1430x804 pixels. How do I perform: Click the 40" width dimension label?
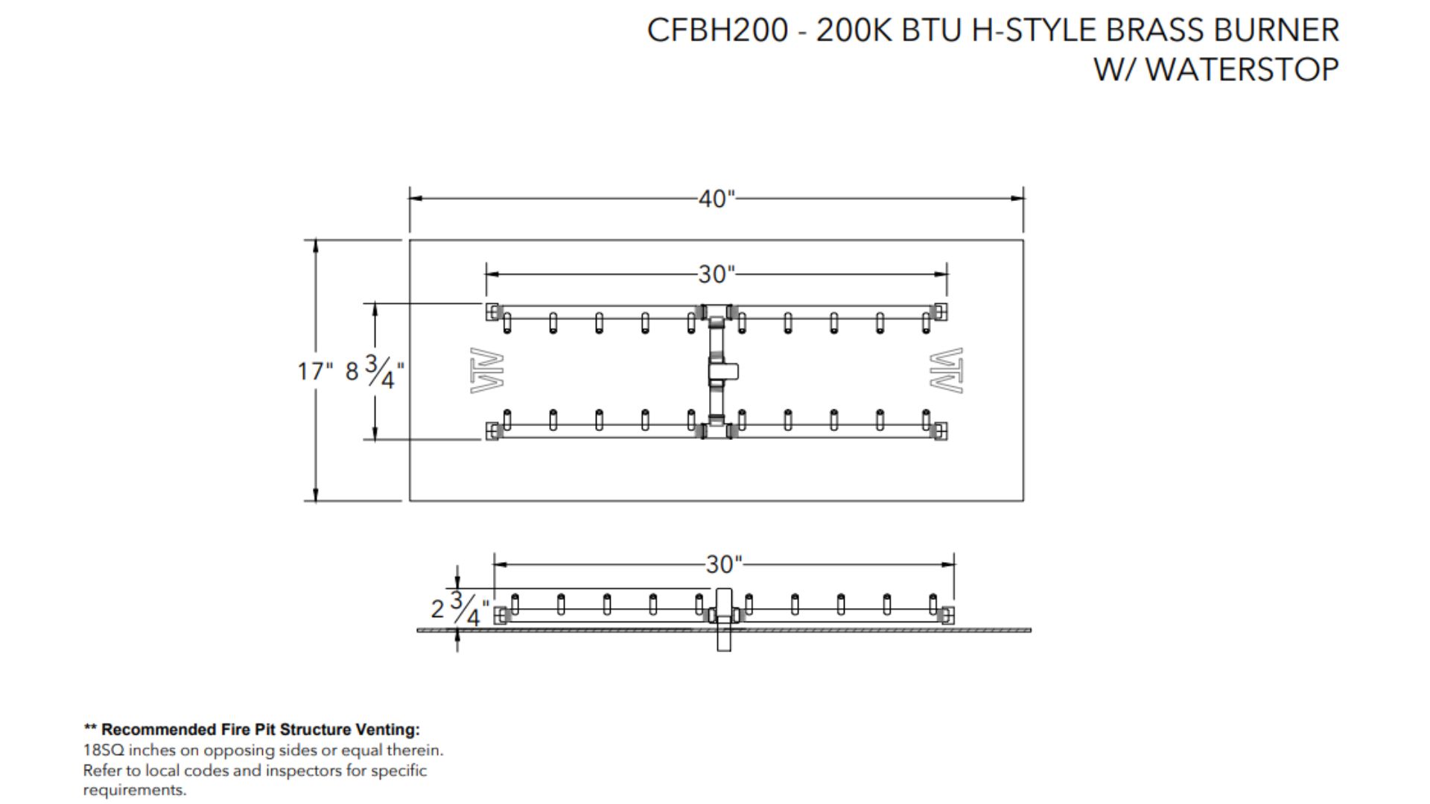click(716, 199)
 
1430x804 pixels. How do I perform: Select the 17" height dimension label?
click(315, 371)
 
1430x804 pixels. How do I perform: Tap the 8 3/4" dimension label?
click(375, 371)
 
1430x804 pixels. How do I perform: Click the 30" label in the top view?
click(716, 274)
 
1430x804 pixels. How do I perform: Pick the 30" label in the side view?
click(724, 564)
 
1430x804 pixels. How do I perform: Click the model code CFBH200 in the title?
click(716, 31)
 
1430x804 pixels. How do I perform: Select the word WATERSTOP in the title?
click(1242, 69)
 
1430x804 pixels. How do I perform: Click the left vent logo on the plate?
click(487, 371)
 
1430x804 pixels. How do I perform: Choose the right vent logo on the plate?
click(946, 371)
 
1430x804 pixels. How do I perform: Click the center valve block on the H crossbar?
click(722, 370)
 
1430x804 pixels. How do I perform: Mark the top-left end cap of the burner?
click(492, 311)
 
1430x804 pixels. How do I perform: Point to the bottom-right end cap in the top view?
click(941, 431)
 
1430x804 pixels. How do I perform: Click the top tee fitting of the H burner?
click(716, 312)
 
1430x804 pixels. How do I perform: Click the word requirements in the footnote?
click(134, 790)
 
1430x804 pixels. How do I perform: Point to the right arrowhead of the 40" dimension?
click(1017, 199)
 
